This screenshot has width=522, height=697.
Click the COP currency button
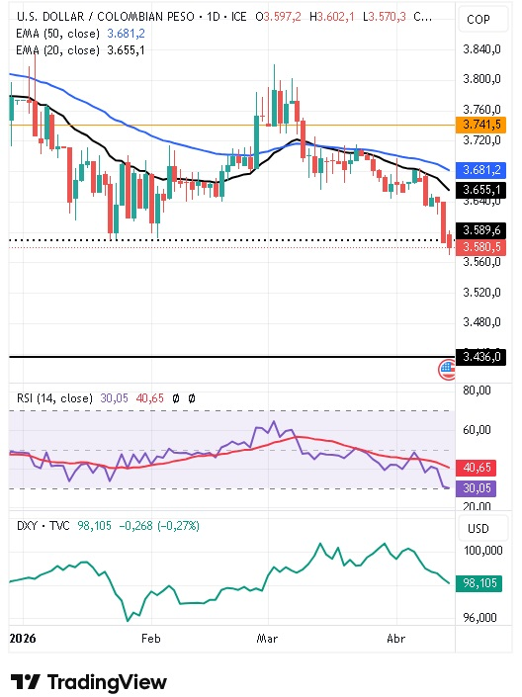click(x=478, y=19)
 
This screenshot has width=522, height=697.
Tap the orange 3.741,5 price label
click(x=482, y=125)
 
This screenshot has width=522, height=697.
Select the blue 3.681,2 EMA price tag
click(x=482, y=170)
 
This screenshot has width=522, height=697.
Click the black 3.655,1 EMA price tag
click(x=482, y=189)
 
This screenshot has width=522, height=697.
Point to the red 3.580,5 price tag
click(x=482, y=247)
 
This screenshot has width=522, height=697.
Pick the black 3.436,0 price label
click(x=482, y=357)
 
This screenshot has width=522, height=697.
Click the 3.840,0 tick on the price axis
click(x=482, y=49)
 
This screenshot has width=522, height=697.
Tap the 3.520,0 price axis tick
click(x=482, y=292)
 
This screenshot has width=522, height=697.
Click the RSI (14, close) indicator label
click(x=55, y=397)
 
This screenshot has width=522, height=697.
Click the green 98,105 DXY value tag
click(x=482, y=584)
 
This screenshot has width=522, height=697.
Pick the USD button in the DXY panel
click(x=478, y=529)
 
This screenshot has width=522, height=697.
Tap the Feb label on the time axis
click(x=150, y=640)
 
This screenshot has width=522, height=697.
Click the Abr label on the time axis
click(x=394, y=640)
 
